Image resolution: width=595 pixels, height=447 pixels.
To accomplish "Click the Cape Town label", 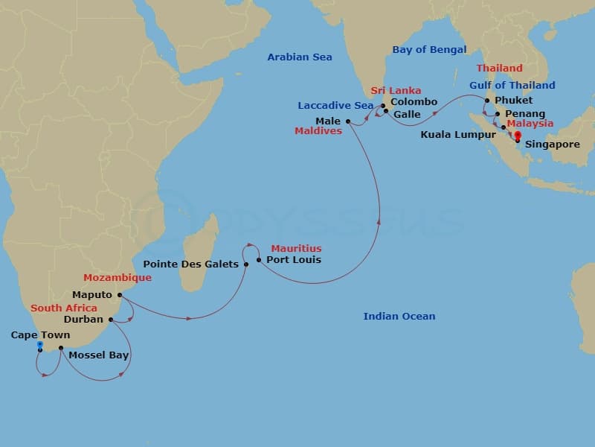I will coord(40,335).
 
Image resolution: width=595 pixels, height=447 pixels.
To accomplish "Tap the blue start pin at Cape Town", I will coord(39,346).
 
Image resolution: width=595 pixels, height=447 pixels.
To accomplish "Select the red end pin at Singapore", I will coord(518,136).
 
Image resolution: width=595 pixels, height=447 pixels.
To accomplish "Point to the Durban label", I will coord(83,320).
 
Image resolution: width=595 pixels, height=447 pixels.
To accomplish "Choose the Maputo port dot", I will coord(120,294).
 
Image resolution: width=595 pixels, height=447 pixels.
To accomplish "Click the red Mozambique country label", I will coord(118,278).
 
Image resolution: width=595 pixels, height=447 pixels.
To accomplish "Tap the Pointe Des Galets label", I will coord(191,264).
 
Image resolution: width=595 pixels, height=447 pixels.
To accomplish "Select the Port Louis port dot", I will coord(258,260).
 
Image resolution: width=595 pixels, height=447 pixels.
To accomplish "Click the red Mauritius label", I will coord(296,248).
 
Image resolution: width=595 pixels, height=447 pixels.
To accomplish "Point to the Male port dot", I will coord(347,121).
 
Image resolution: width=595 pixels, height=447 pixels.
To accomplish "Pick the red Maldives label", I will coord(318,131).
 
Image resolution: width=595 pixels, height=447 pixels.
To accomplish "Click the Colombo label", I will coord(414,102).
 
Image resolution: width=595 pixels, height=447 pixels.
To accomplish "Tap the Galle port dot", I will coord(387,112).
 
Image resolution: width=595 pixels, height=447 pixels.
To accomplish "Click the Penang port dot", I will coord(498,114).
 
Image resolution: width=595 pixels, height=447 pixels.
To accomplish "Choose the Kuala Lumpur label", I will coord(458,135).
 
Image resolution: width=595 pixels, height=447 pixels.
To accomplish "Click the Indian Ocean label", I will coord(399,317).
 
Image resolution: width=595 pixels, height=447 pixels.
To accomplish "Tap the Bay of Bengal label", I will coord(429,50).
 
